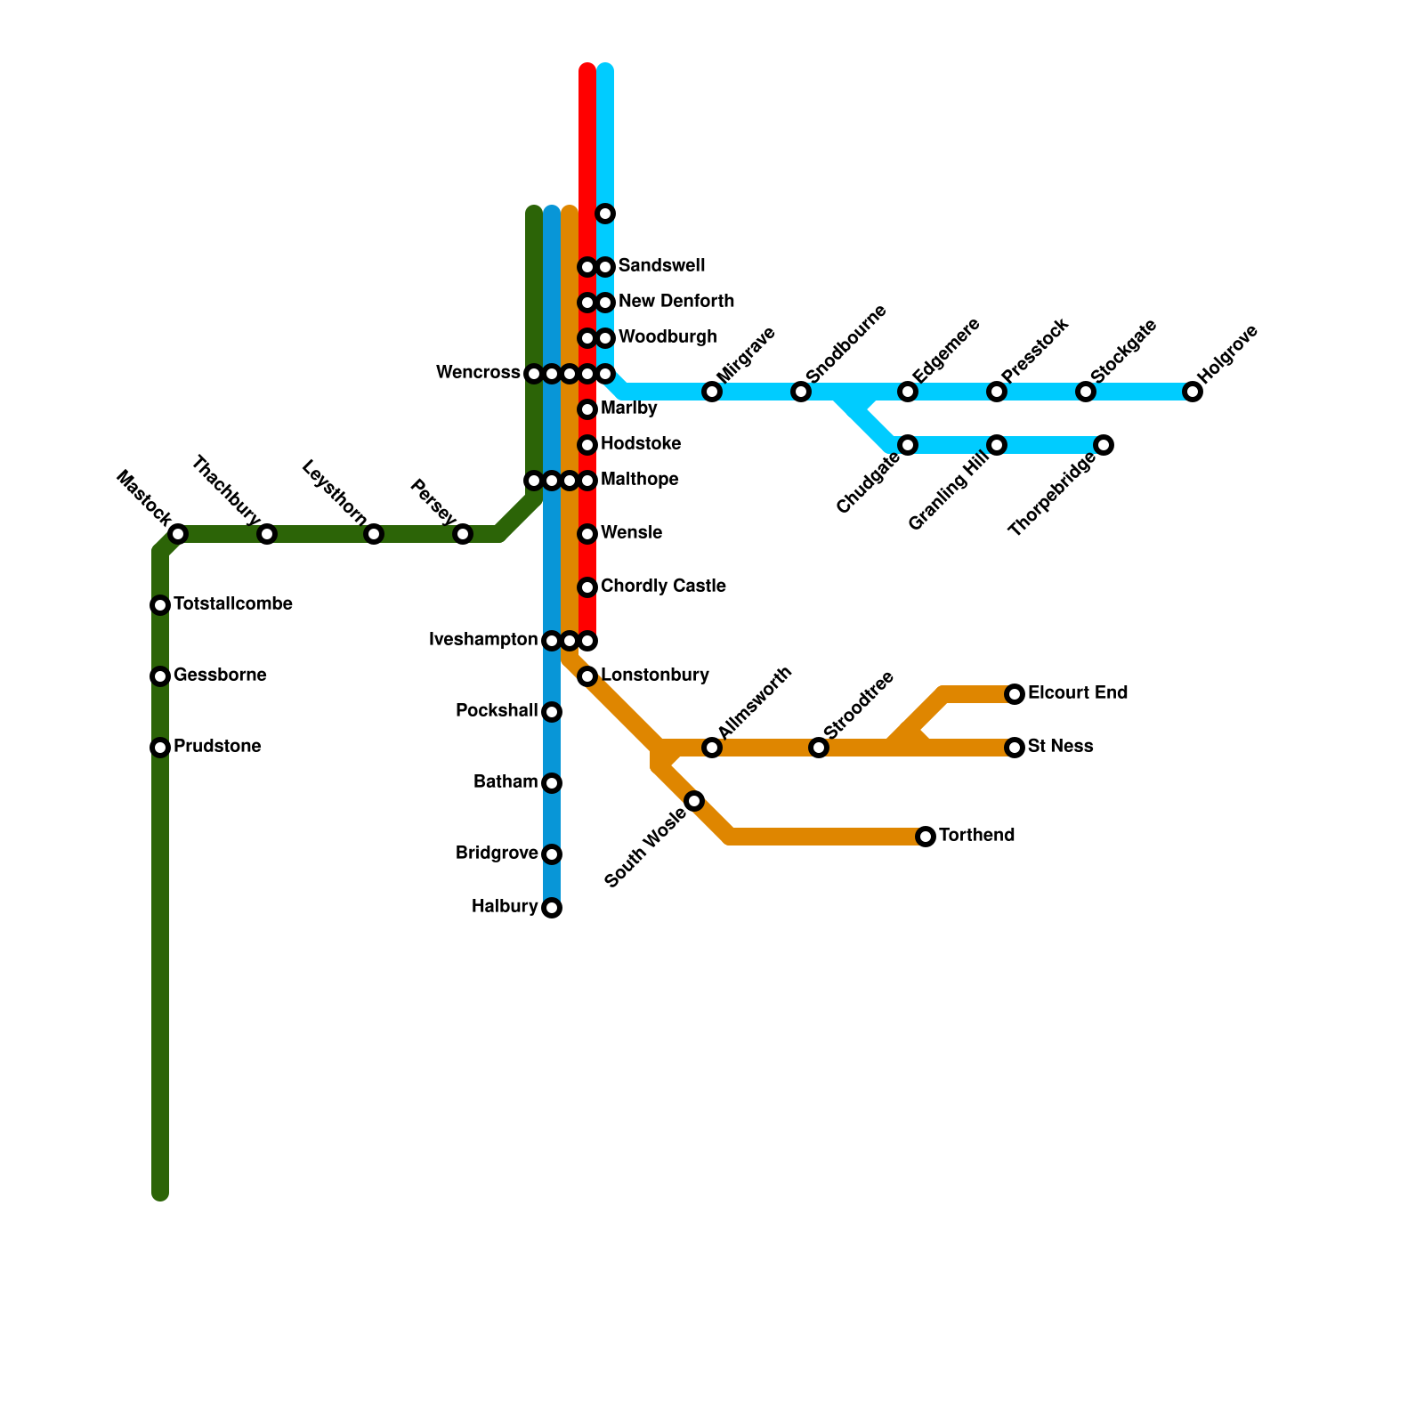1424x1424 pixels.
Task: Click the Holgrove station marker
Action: click(1193, 392)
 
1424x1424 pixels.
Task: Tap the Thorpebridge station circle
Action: click(1104, 445)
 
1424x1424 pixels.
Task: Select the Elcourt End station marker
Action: click(1015, 694)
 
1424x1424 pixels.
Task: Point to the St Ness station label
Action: click(1060, 747)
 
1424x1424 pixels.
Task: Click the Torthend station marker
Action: click(926, 837)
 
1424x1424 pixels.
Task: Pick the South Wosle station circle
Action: click(694, 801)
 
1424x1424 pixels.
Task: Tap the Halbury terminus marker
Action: click(552, 908)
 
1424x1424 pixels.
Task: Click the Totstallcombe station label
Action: click(233, 604)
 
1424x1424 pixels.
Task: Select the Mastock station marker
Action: click(178, 534)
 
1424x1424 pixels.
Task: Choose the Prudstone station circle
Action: click(160, 748)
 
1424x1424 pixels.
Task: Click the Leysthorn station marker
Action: click(374, 534)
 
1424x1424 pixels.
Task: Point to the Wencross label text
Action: click(478, 373)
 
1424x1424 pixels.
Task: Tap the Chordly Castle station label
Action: click(663, 587)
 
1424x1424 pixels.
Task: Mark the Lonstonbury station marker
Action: click(587, 676)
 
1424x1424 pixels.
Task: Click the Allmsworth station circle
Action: click(712, 748)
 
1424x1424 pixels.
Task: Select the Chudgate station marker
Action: click(908, 445)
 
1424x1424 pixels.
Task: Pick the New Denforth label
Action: click(676, 302)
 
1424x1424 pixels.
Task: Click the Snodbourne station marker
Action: click(801, 392)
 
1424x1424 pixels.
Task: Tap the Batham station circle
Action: click(552, 783)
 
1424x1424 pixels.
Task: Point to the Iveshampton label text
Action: click(483, 640)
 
